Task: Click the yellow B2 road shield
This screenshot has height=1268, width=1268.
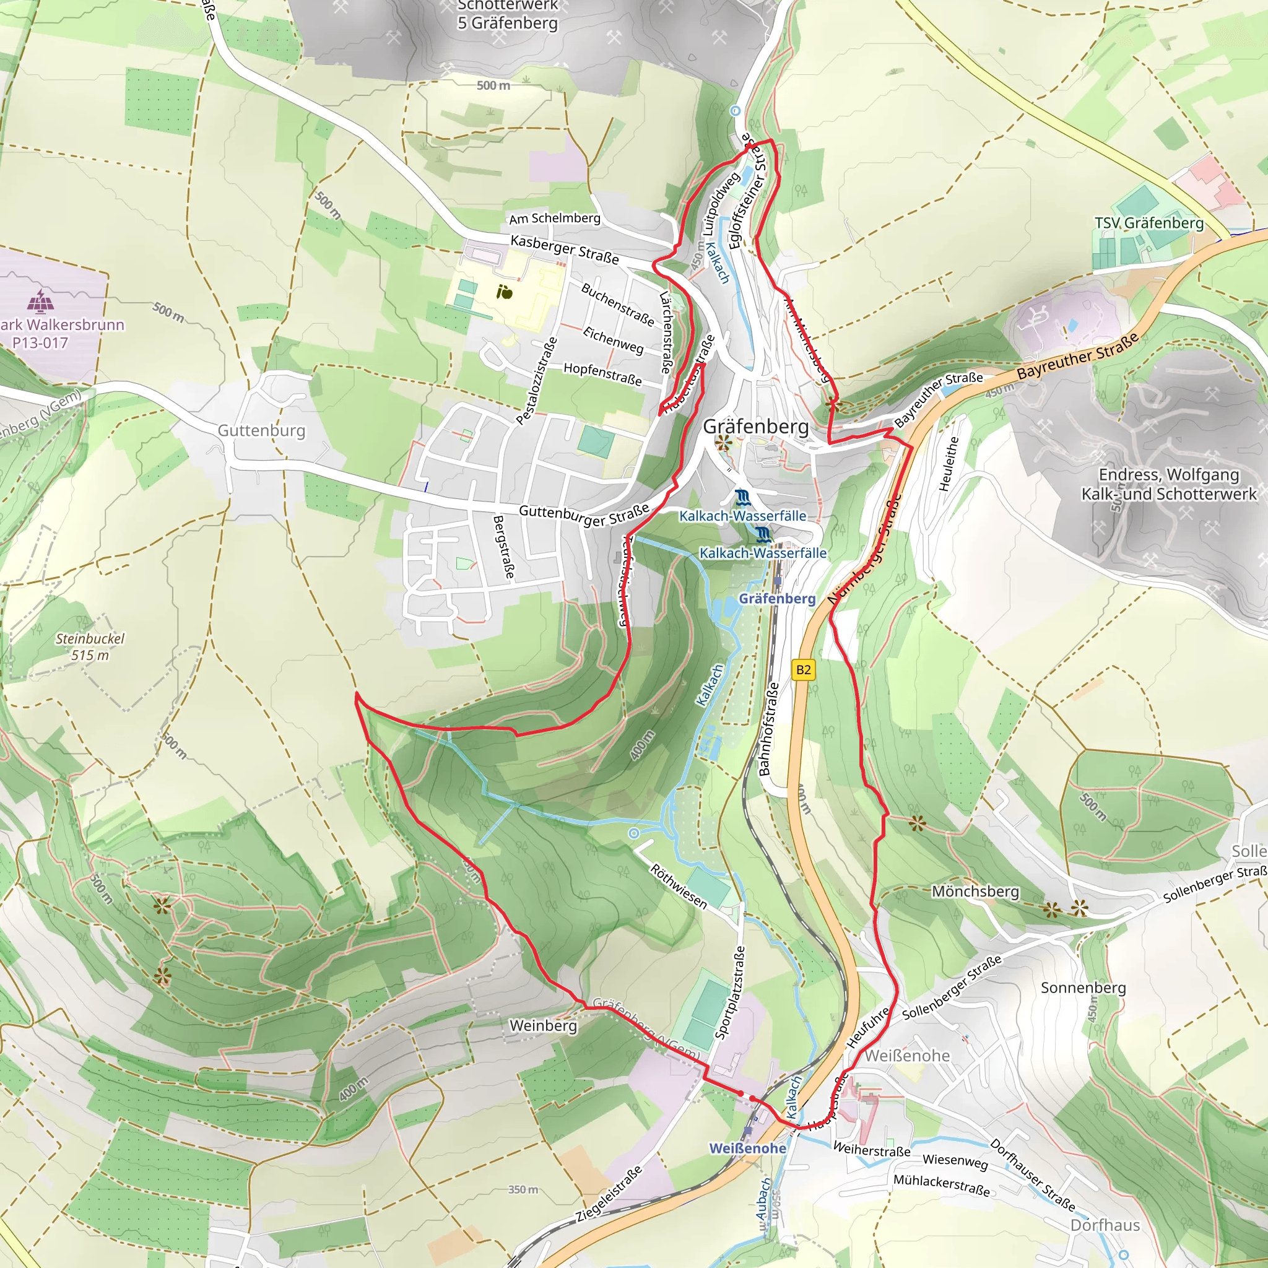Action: pos(803,670)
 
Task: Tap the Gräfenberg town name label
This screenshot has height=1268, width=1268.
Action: pos(755,427)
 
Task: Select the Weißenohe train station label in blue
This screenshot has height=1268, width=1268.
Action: pos(747,1149)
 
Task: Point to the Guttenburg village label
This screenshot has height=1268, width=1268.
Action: pos(261,430)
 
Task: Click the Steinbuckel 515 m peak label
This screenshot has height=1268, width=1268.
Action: pos(90,646)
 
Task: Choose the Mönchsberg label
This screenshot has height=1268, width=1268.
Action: pos(975,892)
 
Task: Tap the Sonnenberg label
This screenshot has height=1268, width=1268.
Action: pos(1083,988)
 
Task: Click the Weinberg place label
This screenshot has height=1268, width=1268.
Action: pos(543,1025)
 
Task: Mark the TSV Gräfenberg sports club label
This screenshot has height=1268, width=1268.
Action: pos(1149,223)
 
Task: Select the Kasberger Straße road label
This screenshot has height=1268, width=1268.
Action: pos(565,250)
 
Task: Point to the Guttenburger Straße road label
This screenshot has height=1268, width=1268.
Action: pos(584,514)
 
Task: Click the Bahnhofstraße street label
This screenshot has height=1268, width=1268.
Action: pos(768,729)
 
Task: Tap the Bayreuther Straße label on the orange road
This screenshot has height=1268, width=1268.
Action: pos(1078,357)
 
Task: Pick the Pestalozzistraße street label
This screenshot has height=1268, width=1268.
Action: pos(537,381)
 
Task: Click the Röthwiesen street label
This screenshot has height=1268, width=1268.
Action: pos(679,887)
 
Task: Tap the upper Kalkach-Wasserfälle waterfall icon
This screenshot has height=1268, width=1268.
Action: pos(742,497)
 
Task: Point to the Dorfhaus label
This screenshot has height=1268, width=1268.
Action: pos(1105,1225)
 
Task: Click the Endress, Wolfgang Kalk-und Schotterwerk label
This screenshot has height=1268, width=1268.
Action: pos(1169,484)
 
